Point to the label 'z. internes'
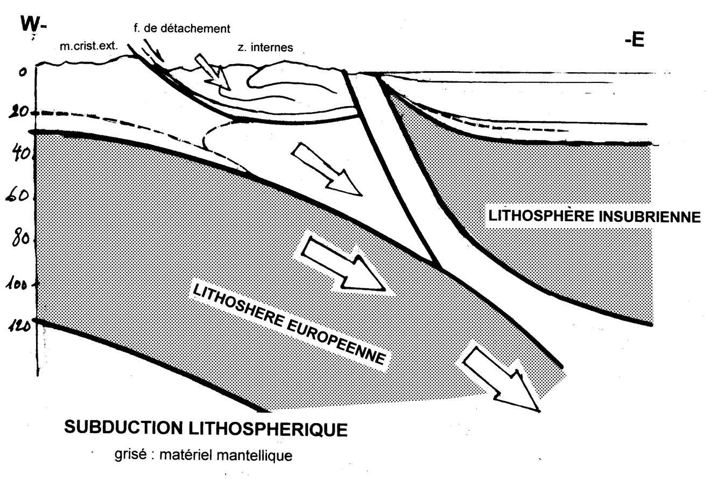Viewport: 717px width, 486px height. coord(265,47)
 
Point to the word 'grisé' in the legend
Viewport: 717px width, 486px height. coord(129,455)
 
